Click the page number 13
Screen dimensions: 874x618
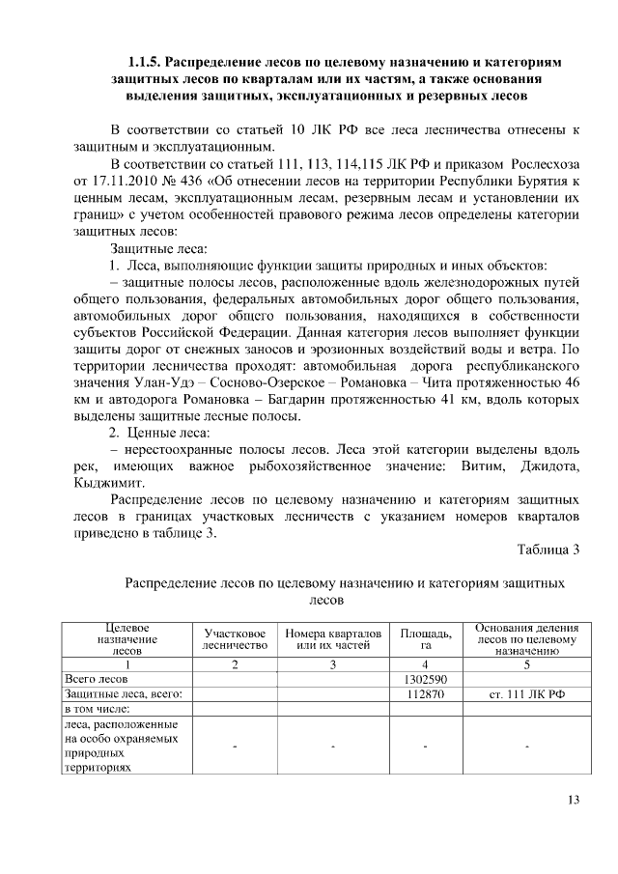coord(573,799)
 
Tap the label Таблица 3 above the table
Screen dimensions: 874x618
coord(548,550)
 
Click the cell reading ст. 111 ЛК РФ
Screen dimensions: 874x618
coord(526,693)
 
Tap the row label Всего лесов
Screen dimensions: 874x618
coord(97,679)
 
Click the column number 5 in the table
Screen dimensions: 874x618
coord(526,664)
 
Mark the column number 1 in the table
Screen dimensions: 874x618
coord(127,664)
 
